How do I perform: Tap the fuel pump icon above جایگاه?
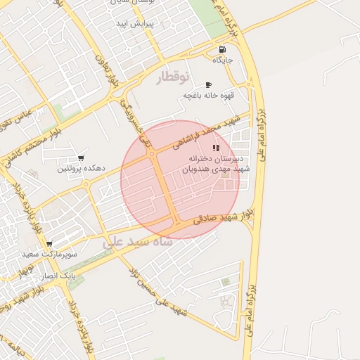pyautogui.click(x=222, y=50)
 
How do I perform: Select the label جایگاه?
pyautogui.click(x=222, y=60)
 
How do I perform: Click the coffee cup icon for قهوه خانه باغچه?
pyautogui.click(x=208, y=85)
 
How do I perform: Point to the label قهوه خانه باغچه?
pyautogui.click(x=208, y=95)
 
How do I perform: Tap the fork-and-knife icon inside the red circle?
pyautogui.click(x=216, y=148)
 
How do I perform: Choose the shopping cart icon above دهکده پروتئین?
pyautogui.click(x=82, y=158)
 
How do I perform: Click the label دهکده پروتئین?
pyautogui.click(x=82, y=169)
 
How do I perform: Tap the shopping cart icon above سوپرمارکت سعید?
pyautogui.click(x=49, y=244)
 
